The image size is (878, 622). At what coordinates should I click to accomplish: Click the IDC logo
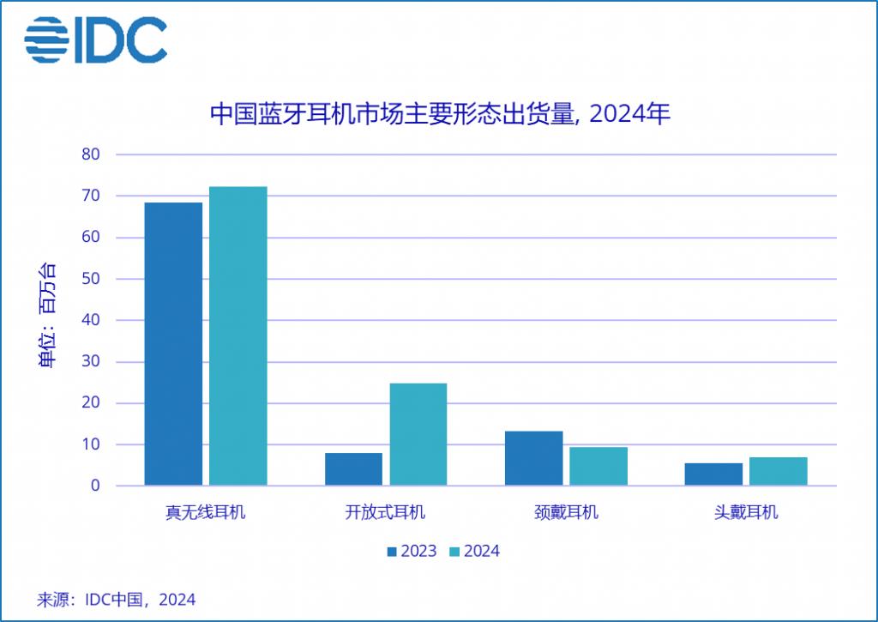point(95,39)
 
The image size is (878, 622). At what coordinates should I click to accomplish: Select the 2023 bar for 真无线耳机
point(173,344)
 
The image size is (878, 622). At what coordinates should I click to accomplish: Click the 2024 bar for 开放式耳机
point(418,434)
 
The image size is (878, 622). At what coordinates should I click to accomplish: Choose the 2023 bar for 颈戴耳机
point(533,458)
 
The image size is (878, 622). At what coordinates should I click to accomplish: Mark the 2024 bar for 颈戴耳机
point(598,466)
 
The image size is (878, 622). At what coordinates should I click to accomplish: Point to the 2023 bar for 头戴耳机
point(713,474)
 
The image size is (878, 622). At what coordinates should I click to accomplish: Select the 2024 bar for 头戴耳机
point(779,471)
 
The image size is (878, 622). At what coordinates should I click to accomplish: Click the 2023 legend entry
point(412,551)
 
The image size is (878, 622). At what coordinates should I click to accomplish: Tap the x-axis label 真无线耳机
point(206,513)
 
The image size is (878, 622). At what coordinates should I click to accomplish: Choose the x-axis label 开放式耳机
point(386,513)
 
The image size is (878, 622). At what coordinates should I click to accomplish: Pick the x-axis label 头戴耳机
point(746,513)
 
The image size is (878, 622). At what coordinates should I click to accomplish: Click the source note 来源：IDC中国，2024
point(117,600)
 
